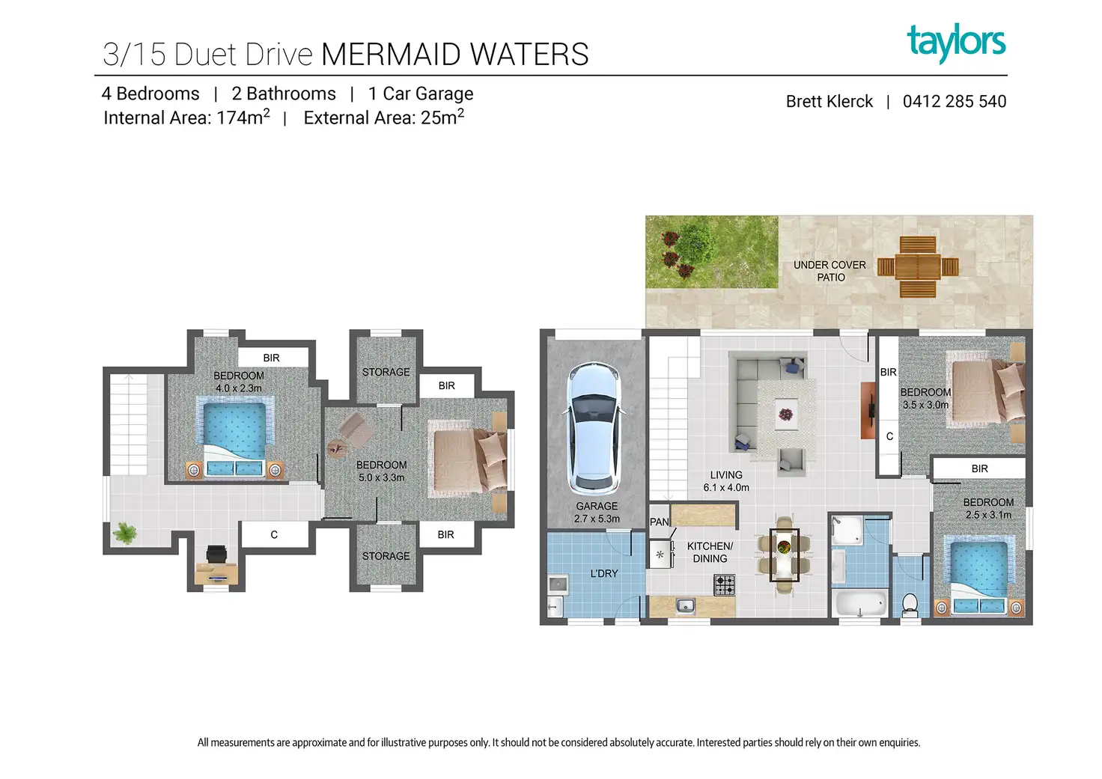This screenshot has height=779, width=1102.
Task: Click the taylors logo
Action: [x=956, y=43]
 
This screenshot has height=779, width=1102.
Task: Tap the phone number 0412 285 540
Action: [x=954, y=102]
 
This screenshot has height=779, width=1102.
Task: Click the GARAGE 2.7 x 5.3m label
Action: [x=597, y=513]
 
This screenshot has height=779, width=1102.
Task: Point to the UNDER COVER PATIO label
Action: [x=829, y=271]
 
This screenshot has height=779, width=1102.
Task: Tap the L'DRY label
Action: [x=603, y=574]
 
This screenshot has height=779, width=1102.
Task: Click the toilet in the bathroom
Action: [x=910, y=605]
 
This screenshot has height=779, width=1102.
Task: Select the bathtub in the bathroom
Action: [x=860, y=603]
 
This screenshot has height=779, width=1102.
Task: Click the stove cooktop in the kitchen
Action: [x=724, y=585]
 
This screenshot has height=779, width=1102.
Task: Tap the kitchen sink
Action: [x=685, y=605]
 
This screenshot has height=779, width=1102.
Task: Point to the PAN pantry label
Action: [x=659, y=522]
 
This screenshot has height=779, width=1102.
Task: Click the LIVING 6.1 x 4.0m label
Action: [x=726, y=481]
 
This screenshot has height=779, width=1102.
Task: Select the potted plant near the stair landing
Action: [x=124, y=534]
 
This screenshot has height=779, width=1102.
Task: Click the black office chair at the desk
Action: [x=216, y=555]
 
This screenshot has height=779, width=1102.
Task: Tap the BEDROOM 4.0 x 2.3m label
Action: [x=239, y=382]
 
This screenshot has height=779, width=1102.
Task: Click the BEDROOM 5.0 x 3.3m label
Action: [x=381, y=471]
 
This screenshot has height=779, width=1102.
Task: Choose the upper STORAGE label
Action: [x=386, y=372]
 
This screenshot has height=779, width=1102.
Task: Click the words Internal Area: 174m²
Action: [x=186, y=117]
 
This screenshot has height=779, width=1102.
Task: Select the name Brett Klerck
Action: [x=829, y=102]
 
